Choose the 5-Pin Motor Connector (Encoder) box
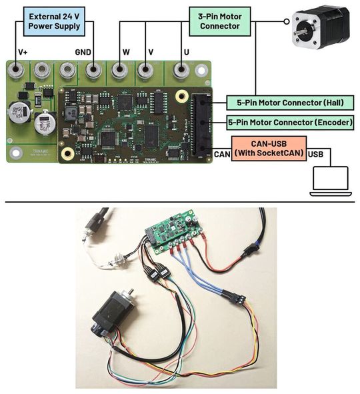290,123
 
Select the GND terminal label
83,52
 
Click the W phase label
126,52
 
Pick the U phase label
184,52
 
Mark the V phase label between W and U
151,52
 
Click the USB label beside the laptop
317,154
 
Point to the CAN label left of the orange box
222,154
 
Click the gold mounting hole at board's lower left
67,153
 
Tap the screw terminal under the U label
180,70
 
